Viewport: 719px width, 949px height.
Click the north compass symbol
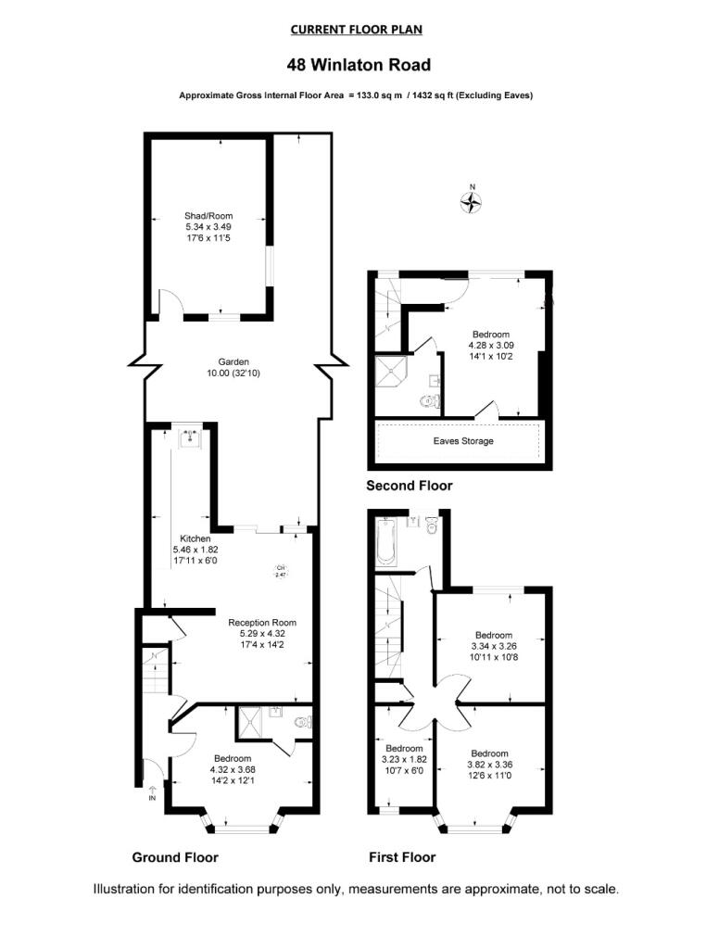click(473, 201)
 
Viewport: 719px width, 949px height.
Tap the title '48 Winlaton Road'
click(359, 65)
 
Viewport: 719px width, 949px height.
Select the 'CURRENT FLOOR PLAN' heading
click(357, 30)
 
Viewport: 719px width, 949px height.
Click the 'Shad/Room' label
click(208, 215)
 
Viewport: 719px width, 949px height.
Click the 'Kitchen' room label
click(196, 538)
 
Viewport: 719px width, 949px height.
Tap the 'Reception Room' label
click(263, 622)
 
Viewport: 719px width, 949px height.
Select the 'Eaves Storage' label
click(463, 441)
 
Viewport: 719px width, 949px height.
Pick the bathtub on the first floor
click(385, 541)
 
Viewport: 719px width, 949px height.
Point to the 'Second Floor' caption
click(409, 486)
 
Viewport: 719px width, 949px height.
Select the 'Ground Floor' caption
click(175, 856)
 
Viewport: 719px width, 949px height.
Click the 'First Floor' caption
click(402, 856)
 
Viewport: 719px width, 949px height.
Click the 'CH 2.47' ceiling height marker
click(281, 572)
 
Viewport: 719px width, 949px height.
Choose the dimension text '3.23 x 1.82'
click(404, 759)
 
